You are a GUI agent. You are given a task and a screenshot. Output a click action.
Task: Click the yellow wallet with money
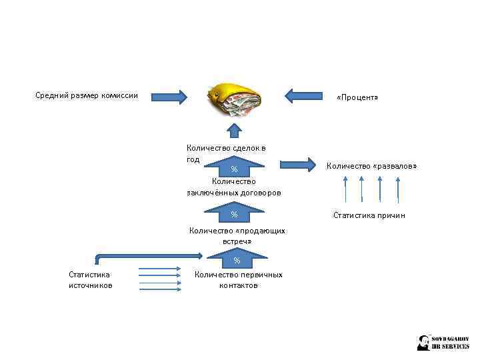click(x=233, y=99)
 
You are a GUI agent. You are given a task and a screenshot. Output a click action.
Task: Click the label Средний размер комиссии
click(x=87, y=95)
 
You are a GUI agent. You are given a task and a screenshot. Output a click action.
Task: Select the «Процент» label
click(x=357, y=98)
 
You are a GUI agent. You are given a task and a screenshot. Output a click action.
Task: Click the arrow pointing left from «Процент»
click(x=303, y=96)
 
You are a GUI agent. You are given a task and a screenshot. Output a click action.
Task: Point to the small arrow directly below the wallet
click(x=234, y=129)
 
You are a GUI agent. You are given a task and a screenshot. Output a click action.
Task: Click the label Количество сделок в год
click(x=225, y=153)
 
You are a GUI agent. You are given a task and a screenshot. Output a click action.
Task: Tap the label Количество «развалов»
click(x=371, y=165)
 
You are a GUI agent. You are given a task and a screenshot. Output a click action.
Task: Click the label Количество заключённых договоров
click(x=234, y=187)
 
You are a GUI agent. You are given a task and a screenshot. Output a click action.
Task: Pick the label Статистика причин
click(x=369, y=215)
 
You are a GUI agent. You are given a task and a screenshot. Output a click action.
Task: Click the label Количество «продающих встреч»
click(x=237, y=236)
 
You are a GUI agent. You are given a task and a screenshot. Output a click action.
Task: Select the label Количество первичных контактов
click(x=238, y=280)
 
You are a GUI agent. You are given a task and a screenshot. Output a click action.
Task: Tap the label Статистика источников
click(x=90, y=280)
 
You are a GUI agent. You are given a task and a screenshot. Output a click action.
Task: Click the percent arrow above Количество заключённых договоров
click(x=234, y=163)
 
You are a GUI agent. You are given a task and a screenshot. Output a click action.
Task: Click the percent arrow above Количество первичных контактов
click(x=237, y=258)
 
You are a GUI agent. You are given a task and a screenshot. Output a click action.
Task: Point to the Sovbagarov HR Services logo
click(x=443, y=342)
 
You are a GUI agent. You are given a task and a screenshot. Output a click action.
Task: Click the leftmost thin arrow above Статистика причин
click(x=345, y=189)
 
